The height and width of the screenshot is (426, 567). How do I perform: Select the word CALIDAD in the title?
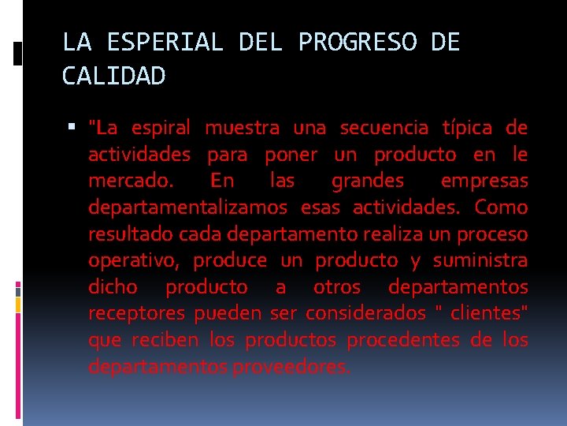tap(114, 77)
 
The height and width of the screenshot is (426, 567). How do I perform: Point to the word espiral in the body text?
tap(161, 128)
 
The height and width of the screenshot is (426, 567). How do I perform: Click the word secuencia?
tap(384, 128)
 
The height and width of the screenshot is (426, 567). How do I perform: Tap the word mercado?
tap(132, 181)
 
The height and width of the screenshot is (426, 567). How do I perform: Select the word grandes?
tap(368, 181)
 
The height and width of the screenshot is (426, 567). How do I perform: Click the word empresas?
tap(484, 181)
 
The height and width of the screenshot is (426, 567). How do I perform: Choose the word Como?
tap(502, 208)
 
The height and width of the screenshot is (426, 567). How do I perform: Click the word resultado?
tap(131, 235)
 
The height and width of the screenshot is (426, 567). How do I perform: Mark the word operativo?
tap(135, 261)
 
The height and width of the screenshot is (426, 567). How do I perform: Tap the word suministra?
tap(480, 261)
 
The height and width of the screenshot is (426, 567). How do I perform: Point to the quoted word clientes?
tap(487, 314)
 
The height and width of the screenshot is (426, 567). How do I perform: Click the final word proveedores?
tap(292, 368)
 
